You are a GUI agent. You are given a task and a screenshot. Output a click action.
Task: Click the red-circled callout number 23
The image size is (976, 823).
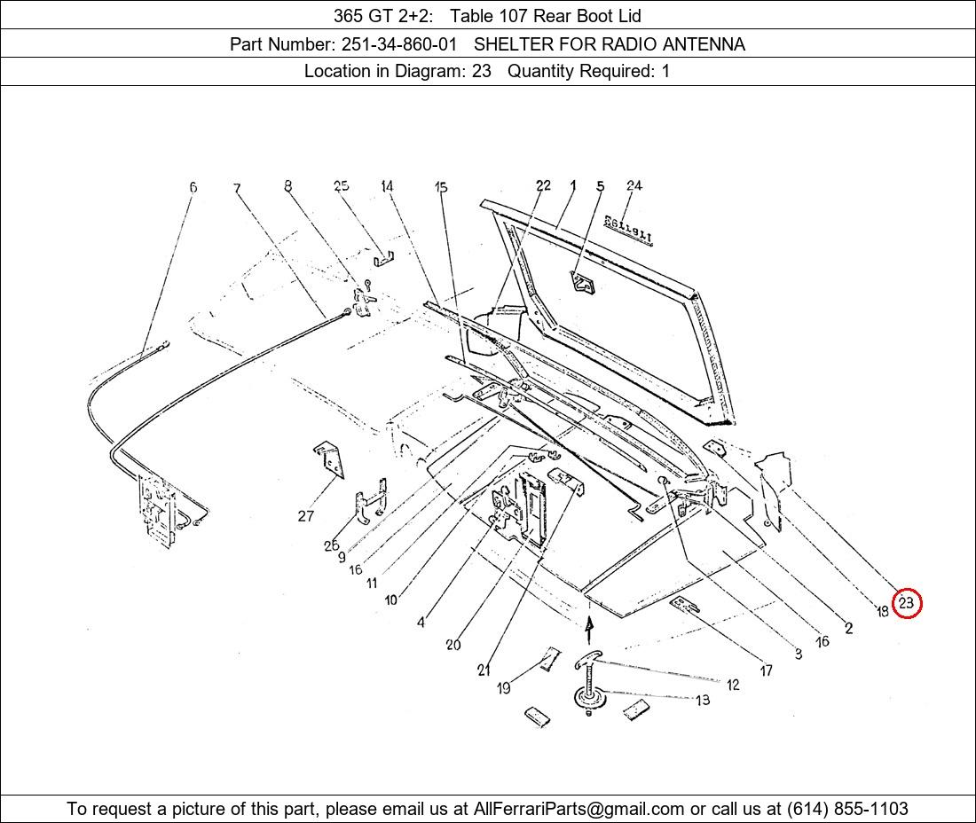[x=906, y=603]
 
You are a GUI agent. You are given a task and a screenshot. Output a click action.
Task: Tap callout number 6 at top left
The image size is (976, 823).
[x=193, y=186]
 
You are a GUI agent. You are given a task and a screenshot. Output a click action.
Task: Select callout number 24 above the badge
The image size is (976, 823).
[x=634, y=185]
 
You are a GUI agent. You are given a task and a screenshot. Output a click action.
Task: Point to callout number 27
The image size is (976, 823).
[x=305, y=515]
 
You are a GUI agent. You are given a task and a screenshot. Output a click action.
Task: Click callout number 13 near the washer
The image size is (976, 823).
[x=703, y=700]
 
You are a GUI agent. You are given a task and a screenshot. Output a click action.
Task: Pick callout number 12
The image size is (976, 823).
[x=733, y=685]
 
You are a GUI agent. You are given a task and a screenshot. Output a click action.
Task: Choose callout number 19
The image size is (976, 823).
[x=504, y=688]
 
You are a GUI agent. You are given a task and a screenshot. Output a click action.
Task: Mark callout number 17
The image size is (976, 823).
[x=767, y=670]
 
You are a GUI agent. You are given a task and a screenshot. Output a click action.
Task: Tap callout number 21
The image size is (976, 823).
[x=484, y=670]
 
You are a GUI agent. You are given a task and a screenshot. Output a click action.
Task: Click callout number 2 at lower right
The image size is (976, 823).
[x=848, y=628]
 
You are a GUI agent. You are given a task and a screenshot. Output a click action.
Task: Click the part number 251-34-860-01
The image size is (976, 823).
[x=399, y=44]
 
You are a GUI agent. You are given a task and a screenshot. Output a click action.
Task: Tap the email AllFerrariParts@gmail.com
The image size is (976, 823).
[x=579, y=809]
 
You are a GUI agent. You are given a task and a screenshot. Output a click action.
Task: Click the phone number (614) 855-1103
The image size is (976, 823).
[x=847, y=809]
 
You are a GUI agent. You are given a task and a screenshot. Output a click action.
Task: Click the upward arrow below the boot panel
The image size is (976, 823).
[x=589, y=629]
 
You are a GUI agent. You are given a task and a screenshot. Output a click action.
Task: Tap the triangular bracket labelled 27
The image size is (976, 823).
[x=329, y=460]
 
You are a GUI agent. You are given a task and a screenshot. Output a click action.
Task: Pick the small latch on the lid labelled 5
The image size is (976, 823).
[x=583, y=283]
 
